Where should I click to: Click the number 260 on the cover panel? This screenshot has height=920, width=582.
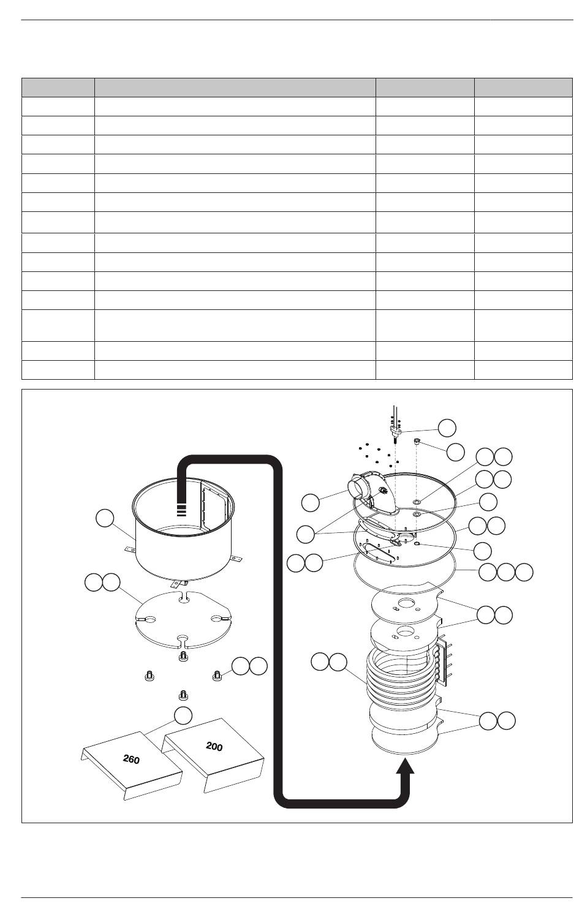click(x=132, y=760)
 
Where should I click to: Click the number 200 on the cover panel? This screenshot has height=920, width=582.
click(x=214, y=746)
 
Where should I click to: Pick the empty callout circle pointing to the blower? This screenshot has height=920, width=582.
click(x=311, y=503)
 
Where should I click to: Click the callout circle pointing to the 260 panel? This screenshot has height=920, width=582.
click(x=183, y=715)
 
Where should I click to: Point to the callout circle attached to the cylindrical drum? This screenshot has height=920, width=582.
click(x=105, y=518)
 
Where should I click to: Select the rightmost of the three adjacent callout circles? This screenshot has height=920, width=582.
click(x=524, y=572)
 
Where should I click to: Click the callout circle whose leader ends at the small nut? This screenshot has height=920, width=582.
click(x=456, y=452)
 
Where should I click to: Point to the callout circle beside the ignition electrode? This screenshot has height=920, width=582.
click(x=447, y=428)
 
